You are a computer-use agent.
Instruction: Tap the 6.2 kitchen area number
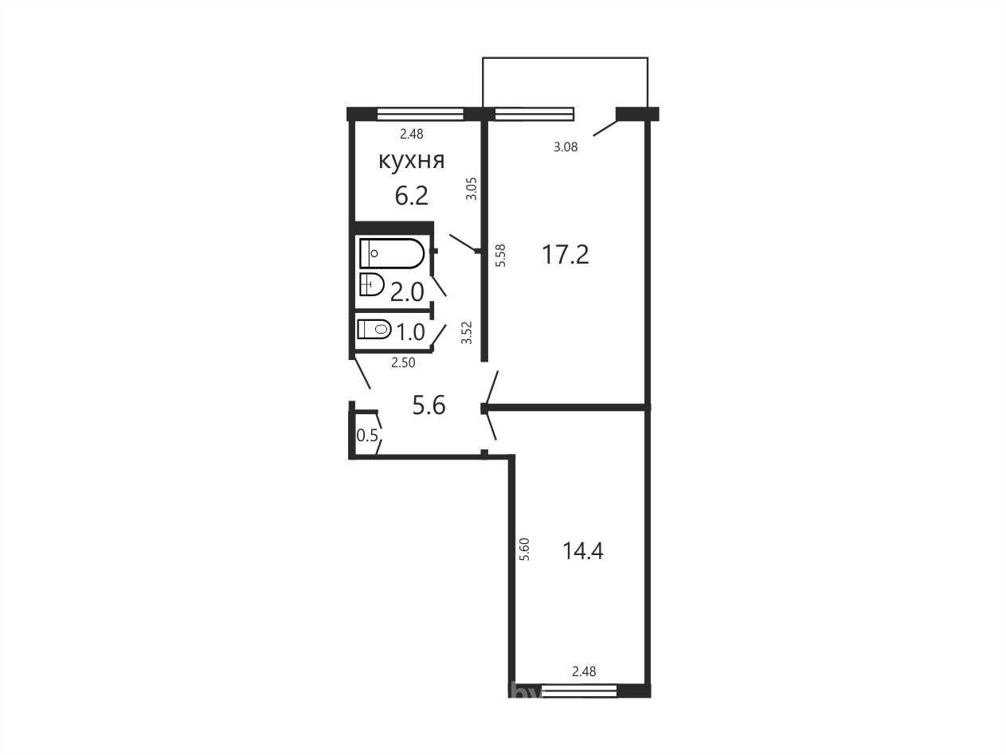point(411,196)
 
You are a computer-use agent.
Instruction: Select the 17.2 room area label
point(565,255)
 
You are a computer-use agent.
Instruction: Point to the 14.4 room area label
point(582,551)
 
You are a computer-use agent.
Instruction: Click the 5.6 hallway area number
point(429,405)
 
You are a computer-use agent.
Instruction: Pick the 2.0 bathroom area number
point(407,292)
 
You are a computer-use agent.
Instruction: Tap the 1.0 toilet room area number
point(410,332)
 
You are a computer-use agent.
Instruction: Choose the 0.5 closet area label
point(367,435)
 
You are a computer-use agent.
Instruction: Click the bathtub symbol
point(392,253)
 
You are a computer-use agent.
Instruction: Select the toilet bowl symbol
point(374,329)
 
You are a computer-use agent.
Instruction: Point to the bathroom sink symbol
point(372,284)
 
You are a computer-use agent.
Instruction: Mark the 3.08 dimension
point(566,147)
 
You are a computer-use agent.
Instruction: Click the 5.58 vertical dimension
point(500,256)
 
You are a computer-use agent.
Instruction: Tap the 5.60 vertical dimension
point(524,549)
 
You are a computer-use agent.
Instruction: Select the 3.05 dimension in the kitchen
point(472,189)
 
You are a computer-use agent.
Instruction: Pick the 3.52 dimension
point(466,333)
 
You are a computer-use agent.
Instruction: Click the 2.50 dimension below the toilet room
point(403,363)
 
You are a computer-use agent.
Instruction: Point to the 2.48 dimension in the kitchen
point(412,135)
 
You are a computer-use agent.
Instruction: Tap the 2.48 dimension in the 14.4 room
point(584,671)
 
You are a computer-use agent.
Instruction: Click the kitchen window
point(420,114)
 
